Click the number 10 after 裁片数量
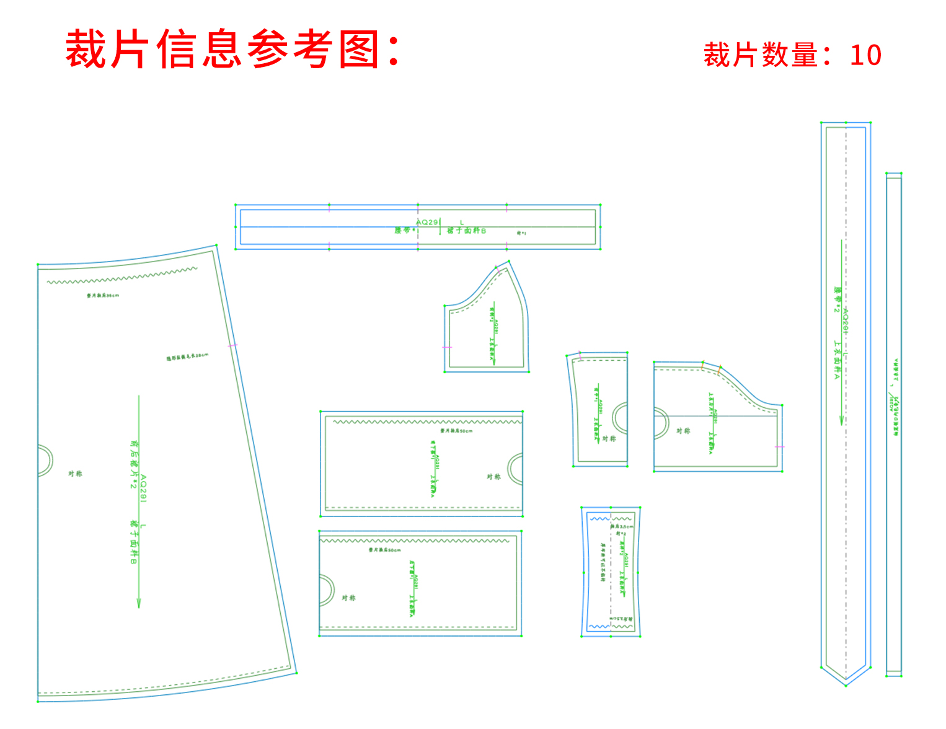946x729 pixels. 865,55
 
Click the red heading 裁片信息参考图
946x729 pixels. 232,49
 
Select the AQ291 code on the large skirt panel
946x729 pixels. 143,489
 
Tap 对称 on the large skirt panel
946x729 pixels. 75,474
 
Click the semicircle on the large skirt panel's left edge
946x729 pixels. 45,461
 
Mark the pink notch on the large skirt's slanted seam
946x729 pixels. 232,345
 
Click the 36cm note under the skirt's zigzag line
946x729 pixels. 103,296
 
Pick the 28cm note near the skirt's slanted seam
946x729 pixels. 187,356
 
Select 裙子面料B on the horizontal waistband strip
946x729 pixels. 467,231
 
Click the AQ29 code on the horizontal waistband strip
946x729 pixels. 427,222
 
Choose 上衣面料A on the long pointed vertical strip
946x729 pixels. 837,360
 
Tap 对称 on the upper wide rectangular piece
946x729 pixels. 493,477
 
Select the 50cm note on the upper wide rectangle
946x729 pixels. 456,430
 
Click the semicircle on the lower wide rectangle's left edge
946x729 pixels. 327,589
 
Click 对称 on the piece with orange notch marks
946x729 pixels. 683,431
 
